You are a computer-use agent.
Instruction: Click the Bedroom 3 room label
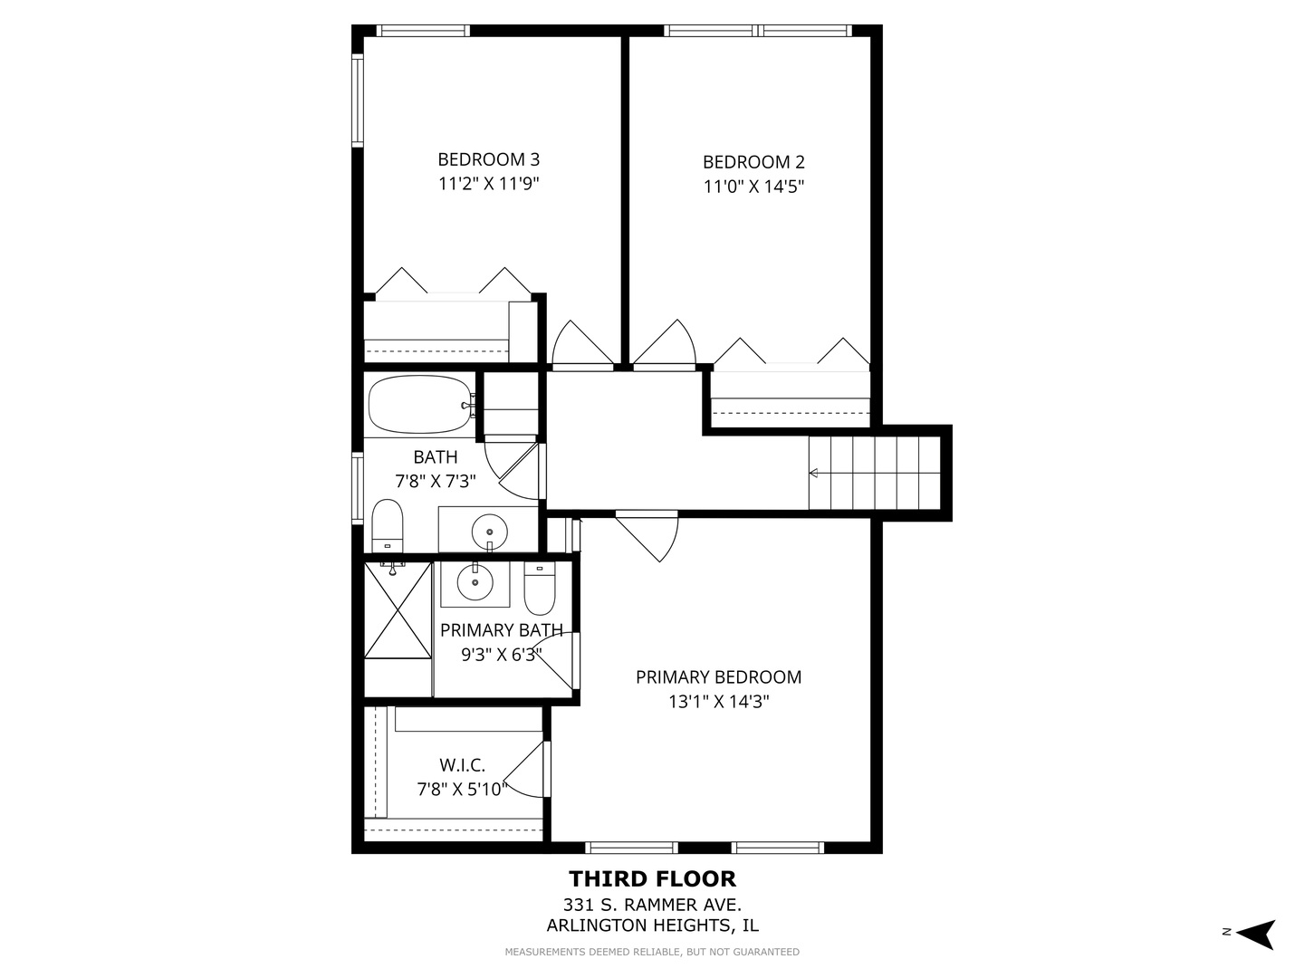488,159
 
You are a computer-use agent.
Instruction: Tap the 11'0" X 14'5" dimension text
753,187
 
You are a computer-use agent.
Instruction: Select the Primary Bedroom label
718,676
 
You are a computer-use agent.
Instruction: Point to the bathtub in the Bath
418,404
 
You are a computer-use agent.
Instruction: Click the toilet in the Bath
387,525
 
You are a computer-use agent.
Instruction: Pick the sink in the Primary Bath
474,583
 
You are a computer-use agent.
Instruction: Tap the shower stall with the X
398,610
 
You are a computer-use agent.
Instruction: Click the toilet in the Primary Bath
540,588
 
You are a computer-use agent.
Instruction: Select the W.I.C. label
462,765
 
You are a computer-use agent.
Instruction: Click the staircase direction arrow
814,473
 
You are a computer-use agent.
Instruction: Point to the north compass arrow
1255,933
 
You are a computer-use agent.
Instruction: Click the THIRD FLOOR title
652,878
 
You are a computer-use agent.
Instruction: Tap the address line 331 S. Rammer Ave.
652,904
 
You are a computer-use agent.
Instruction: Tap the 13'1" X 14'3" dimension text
718,701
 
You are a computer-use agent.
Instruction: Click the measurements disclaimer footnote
652,952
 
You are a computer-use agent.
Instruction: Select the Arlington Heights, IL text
652,925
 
